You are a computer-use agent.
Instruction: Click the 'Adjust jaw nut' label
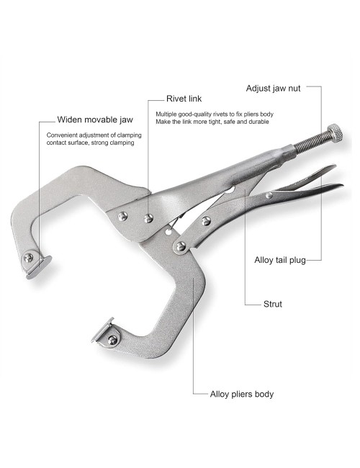pyautogui.click(x=273, y=89)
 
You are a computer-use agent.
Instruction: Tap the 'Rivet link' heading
pyautogui.click(x=184, y=99)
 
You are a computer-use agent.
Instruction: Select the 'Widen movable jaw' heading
pyautogui.click(x=95, y=120)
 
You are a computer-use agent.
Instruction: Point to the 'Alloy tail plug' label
pyautogui.click(x=280, y=260)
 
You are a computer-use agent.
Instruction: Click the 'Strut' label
pyautogui.click(x=273, y=304)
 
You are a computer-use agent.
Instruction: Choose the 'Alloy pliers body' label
pyautogui.click(x=242, y=395)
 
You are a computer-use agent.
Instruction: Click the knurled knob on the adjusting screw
pyautogui.click(x=335, y=132)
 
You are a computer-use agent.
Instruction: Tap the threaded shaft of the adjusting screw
pyautogui.click(x=310, y=143)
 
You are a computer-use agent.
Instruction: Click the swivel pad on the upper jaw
pyautogui.click(x=39, y=267)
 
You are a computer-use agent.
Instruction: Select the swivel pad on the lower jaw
pyautogui.click(x=103, y=330)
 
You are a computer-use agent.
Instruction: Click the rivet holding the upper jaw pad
pyautogui.click(x=29, y=258)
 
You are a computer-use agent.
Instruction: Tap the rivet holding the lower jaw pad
pyautogui.click(x=112, y=340)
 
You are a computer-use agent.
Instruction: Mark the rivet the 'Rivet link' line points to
pyautogui.click(x=148, y=219)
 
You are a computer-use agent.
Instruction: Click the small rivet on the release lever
pyautogui.click(x=269, y=196)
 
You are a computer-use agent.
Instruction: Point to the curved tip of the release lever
pyautogui.click(x=341, y=185)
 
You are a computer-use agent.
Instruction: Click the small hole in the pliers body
pyautogui.click(x=168, y=231)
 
